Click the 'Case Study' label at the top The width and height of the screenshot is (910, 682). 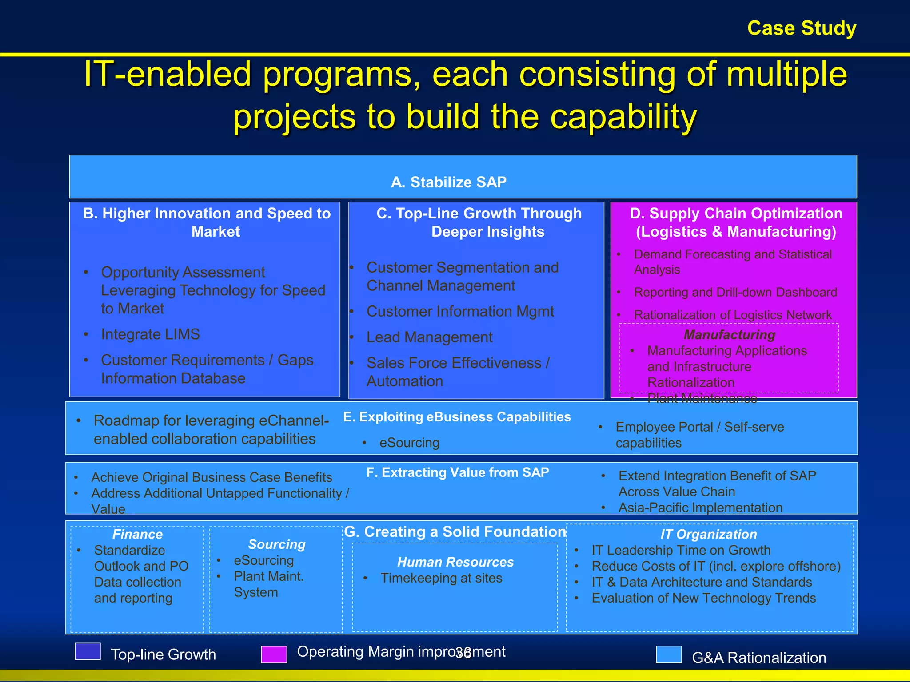(x=802, y=28)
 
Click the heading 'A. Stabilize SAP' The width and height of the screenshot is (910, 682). (x=449, y=182)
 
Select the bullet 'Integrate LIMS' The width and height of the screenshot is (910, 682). (x=150, y=334)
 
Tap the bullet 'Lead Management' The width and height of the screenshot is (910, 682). (x=429, y=337)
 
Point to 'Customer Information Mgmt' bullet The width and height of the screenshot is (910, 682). (x=460, y=312)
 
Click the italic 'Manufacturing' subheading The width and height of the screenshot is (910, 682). (x=729, y=334)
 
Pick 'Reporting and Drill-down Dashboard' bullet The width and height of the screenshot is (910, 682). (x=735, y=292)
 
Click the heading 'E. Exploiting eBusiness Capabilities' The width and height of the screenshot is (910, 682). (x=457, y=417)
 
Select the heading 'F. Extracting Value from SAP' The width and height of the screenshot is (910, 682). (x=458, y=472)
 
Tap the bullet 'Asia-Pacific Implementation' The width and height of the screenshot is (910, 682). (x=700, y=508)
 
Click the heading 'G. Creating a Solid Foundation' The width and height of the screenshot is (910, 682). (x=455, y=531)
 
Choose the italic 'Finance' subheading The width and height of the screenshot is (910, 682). (x=137, y=534)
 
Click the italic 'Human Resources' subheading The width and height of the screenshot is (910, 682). (x=455, y=562)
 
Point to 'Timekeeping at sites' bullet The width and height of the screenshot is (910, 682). (x=441, y=578)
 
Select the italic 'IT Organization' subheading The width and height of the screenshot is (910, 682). (x=708, y=534)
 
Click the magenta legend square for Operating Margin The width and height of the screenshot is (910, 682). (x=274, y=654)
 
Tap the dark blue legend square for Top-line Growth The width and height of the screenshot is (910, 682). (x=88, y=651)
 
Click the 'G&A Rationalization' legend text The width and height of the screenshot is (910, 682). (x=759, y=658)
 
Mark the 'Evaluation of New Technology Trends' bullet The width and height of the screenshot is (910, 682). (x=704, y=598)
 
